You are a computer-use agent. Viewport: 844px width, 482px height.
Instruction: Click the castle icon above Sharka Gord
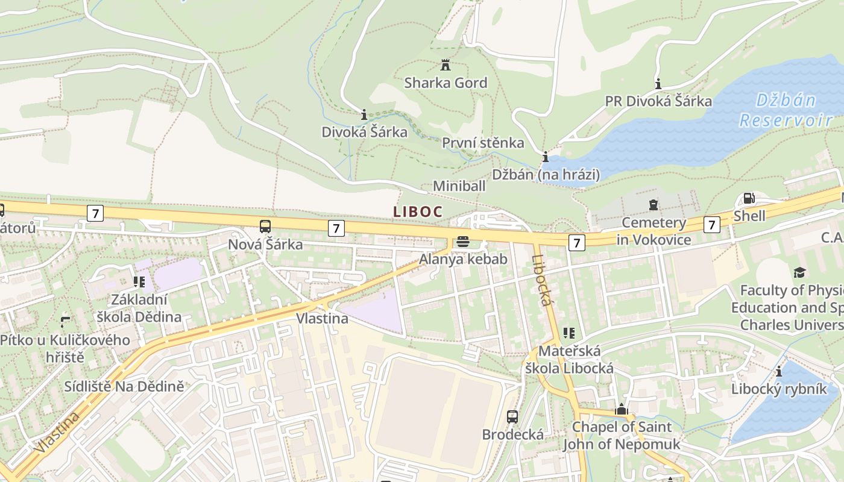tap(446, 65)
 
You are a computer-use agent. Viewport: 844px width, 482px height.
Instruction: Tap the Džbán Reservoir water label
tap(786, 110)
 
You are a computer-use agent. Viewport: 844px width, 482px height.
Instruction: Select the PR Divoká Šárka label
tap(658, 101)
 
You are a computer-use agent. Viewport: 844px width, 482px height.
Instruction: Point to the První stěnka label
tap(483, 143)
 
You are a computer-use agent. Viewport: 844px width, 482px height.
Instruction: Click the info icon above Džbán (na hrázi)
tap(546, 157)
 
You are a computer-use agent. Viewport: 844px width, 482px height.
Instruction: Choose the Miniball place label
tap(459, 186)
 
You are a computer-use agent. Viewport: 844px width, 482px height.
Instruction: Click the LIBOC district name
tap(418, 211)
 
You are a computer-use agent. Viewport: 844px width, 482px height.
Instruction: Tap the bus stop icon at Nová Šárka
tap(265, 227)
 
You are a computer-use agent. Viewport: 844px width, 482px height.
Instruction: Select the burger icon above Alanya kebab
tap(463, 242)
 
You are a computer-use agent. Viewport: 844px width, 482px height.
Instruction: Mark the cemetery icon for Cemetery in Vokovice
tap(653, 205)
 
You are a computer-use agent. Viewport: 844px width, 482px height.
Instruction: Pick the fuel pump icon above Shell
tap(749, 198)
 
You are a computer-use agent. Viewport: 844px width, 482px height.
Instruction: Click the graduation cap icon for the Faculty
tap(799, 273)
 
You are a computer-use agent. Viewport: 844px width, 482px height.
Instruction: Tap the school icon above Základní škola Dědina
tap(139, 281)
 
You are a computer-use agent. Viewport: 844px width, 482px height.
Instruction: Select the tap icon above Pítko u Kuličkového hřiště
tap(65, 322)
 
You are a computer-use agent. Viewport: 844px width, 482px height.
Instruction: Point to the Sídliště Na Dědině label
tap(124, 386)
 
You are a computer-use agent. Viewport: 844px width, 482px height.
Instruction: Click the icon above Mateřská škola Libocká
tap(568, 333)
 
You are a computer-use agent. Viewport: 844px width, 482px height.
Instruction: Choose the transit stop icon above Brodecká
tap(512, 416)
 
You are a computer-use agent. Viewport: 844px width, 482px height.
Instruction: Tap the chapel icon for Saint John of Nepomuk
tap(621, 409)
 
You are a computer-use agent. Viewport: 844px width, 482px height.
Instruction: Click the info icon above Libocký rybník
tap(779, 371)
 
